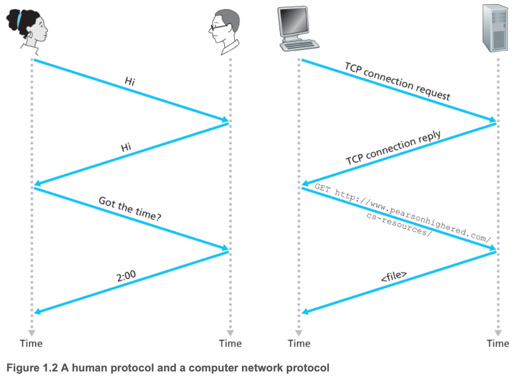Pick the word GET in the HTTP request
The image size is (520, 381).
(322, 188)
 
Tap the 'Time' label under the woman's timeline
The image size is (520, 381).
(31, 343)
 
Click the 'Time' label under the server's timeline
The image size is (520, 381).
(498, 343)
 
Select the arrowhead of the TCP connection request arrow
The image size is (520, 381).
(492, 120)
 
